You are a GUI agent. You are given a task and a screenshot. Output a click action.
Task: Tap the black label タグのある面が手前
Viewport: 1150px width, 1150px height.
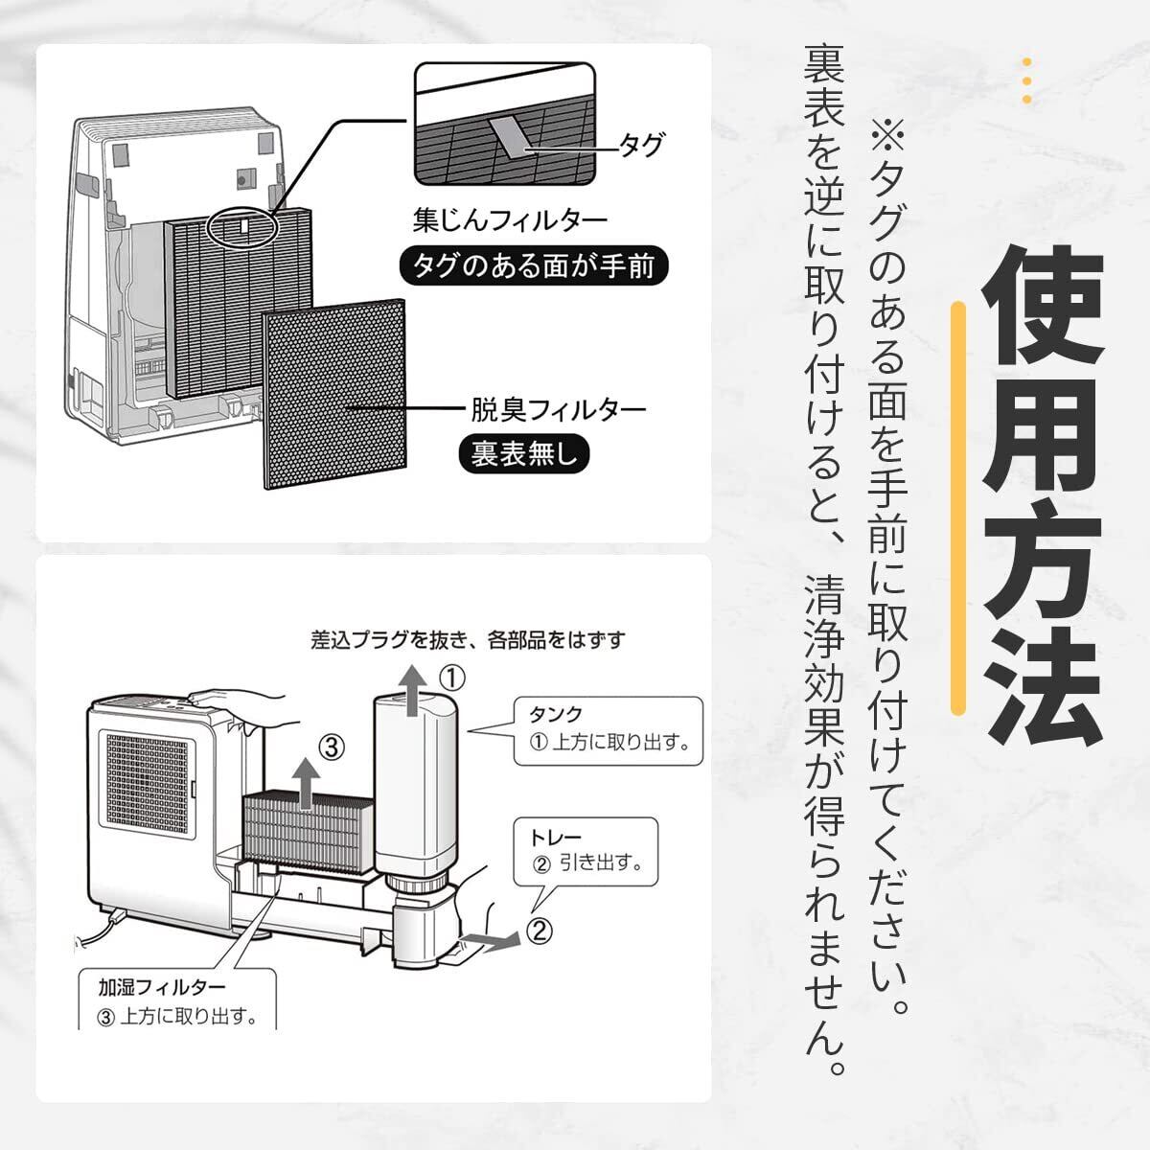coord(533,265)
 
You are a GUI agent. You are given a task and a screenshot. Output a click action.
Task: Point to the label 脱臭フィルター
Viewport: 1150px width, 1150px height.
coord(558,409)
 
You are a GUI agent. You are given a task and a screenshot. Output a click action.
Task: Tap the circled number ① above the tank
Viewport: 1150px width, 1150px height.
coord(452,678)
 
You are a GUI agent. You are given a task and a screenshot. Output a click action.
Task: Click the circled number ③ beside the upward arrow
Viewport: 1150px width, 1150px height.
coord(330,747)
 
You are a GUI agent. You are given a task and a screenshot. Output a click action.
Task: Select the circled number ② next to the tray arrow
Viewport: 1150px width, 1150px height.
coord(540,929)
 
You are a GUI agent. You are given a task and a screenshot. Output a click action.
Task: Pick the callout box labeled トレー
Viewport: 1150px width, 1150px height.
coord(586,851)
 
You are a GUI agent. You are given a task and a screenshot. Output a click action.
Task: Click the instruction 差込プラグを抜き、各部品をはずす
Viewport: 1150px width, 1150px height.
coord(469,639)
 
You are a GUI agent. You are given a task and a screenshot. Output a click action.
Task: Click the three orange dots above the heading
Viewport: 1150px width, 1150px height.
coord(1026,80)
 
